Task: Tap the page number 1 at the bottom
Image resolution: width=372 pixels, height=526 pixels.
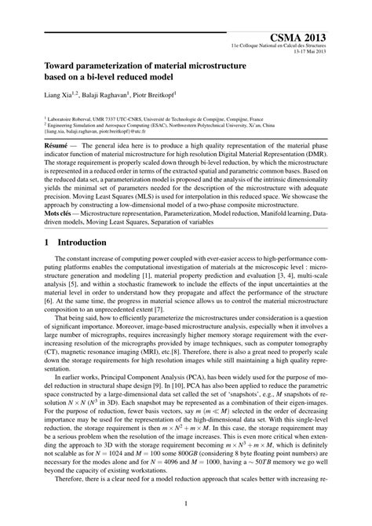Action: pos(186,505)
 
